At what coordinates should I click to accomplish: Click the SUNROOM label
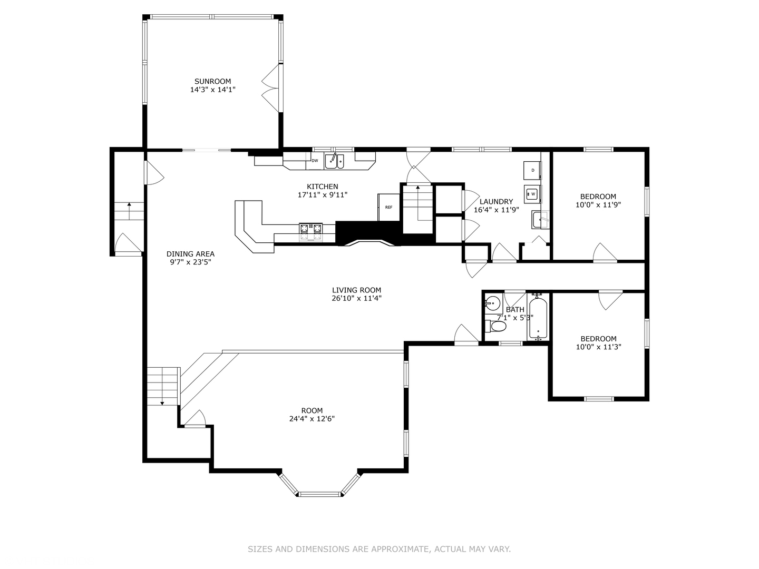212,82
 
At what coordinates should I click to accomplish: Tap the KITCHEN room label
322,187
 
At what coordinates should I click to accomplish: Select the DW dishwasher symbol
315,161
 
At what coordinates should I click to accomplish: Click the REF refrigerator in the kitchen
388,207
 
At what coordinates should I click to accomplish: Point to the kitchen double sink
334,161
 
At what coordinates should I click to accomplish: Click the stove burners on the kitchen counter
310,231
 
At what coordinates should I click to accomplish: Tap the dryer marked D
532,170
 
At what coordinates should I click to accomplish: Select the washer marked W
532,194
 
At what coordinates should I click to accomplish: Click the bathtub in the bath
538,318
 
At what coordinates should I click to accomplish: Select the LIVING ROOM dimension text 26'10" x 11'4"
356,298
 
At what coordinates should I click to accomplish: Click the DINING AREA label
190,254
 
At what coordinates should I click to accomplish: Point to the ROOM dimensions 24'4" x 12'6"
312,419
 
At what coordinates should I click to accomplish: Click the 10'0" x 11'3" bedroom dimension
599,347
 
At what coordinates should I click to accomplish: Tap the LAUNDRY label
496,202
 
